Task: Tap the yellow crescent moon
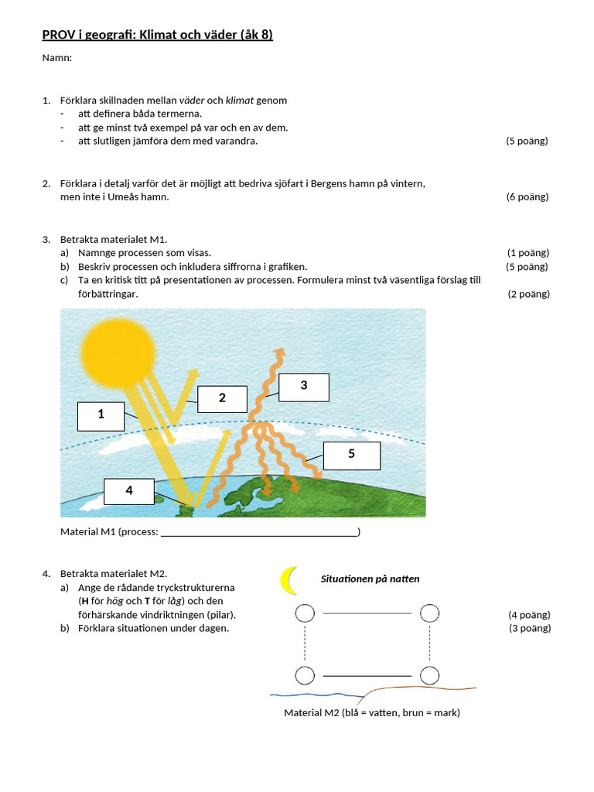click(288, 581)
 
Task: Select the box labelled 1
click(101, 415)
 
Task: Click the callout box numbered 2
click(222, 398)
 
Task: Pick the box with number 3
click(303, 387)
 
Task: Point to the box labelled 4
click(128, 491)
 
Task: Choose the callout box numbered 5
click(351, 455)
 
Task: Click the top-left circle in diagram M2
click(305, 613)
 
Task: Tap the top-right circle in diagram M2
click(429, 613)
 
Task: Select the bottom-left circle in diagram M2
click(305, 675)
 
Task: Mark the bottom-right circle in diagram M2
click(429, 675)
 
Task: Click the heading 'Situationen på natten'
click(370, 579)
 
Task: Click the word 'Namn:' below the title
click(56, 58)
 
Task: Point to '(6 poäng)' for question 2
click(527, 197)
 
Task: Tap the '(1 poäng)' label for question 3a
click(528, 253)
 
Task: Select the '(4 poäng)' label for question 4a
click(529, 615)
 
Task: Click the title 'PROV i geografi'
click(157, 35)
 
